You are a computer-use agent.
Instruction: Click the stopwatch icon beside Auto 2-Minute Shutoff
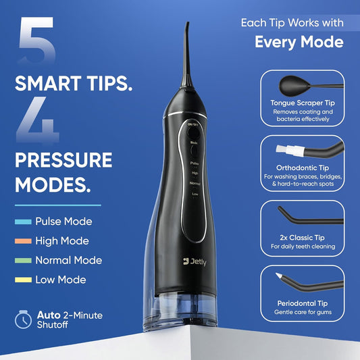tap(24, 319)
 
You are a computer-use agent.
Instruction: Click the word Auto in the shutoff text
tap(51, 314)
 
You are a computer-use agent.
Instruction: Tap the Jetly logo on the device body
tap(197, 260)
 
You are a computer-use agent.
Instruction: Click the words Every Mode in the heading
tap(298, 42)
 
